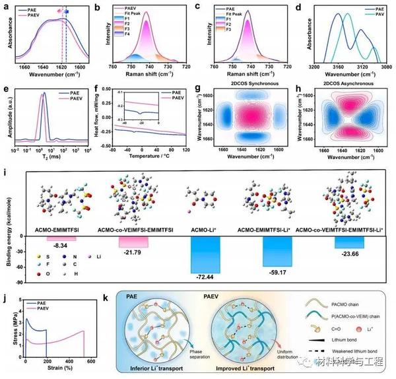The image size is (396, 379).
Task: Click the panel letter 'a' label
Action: point(6,7)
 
